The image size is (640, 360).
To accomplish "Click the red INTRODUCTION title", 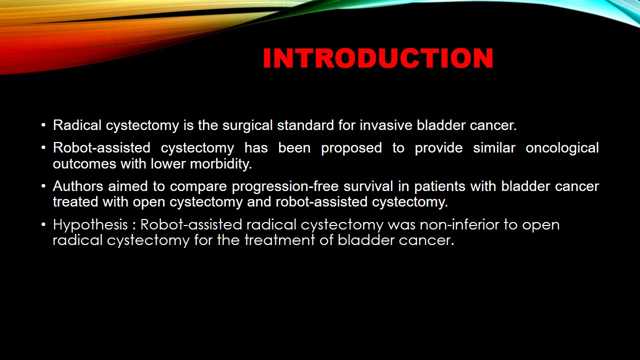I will click(x=378, y=58).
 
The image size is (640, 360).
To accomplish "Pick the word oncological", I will click(x=562, y=148).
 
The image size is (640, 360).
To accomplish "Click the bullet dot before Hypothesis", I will click(x=43, y=224).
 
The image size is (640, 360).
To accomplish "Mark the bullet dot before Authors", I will click(x=43, y=186).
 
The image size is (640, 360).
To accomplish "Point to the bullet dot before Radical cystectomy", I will click(x=43, y=125).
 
